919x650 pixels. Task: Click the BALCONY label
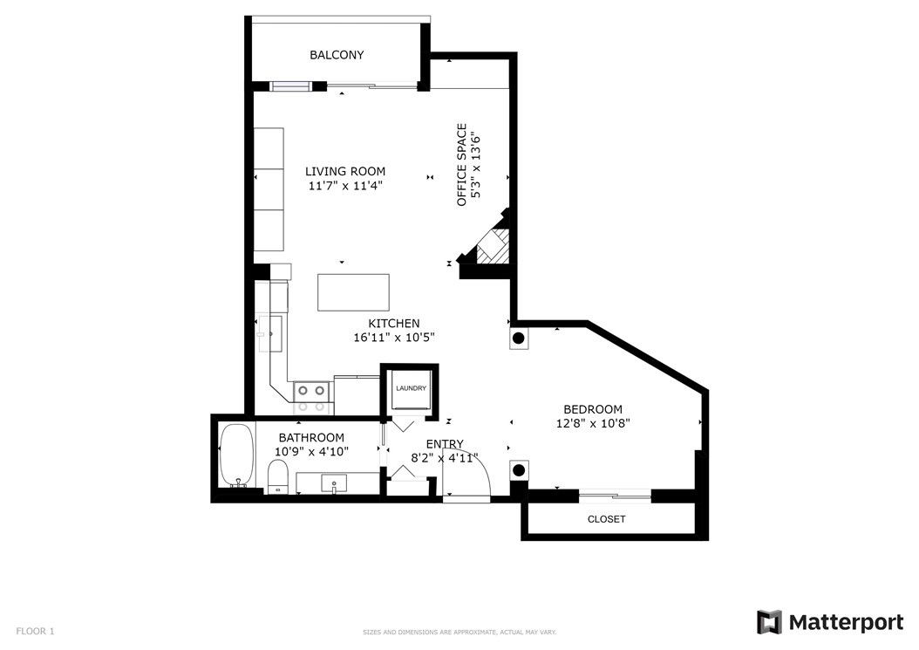(337, 55)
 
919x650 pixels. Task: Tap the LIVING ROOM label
(345, 171)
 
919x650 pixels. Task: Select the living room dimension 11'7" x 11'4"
(345, 186)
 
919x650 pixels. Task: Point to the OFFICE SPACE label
(462, 165)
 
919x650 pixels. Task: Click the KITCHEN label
(394, 323)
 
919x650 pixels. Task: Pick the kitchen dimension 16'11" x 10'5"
(394, 338)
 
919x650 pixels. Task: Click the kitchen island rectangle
(353, 292)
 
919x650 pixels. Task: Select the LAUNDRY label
(411, 388)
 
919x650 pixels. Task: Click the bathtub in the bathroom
(237, 455)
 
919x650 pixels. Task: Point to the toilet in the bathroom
(278, 477)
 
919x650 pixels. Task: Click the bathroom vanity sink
(333, 483)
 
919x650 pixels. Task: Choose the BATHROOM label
(311, 438)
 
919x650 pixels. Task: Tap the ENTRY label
(445, 444)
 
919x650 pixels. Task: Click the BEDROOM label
(593, 409)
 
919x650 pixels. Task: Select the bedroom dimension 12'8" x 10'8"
(593, 423)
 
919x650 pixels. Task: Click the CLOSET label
(607, 519)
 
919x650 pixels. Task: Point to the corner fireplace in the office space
(487, 243)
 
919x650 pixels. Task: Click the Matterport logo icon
(769, 622)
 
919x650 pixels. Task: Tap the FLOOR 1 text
(35, 631)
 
